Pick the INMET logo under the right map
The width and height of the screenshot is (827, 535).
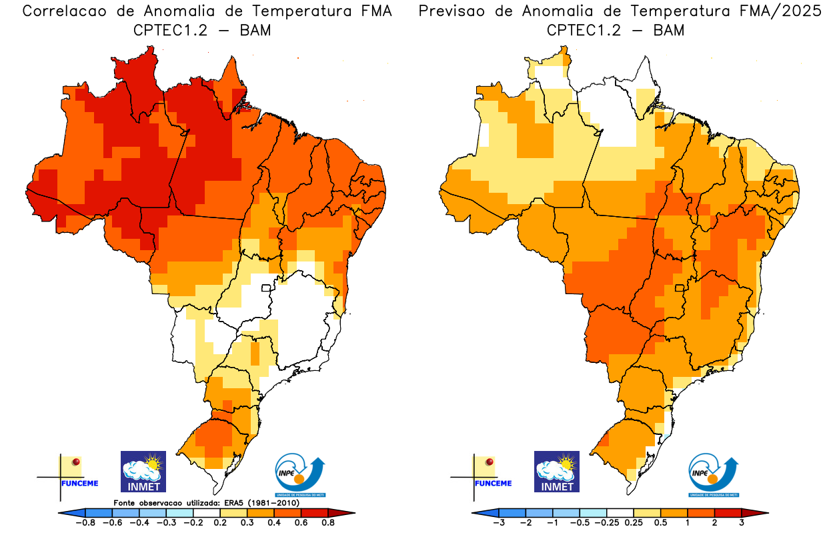click(557, 472)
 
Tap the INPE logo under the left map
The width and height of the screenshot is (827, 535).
click(300, 475)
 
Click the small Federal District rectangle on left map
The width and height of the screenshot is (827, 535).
click(266, 289)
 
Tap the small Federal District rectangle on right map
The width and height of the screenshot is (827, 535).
click(680, 288)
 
